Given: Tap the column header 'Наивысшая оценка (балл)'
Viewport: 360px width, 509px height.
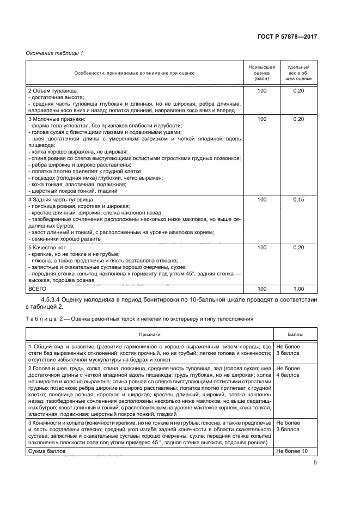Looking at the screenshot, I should click(261, 72).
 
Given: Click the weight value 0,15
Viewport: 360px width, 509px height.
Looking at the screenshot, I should click(298, 200).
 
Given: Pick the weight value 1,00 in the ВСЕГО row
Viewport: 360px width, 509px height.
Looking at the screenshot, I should click(298, 289).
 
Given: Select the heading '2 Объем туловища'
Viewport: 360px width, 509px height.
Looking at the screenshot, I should click(53, 90).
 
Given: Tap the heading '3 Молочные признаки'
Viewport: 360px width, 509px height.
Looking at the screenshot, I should click(57, 119).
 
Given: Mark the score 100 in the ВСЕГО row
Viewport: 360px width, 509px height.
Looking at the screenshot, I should click(261, 289).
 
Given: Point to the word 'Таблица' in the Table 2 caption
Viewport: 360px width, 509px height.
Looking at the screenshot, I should click(40, 319).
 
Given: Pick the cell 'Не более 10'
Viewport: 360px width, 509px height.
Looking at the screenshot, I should click(292, 451).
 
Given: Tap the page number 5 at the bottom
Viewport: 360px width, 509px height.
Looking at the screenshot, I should click(315, 463).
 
